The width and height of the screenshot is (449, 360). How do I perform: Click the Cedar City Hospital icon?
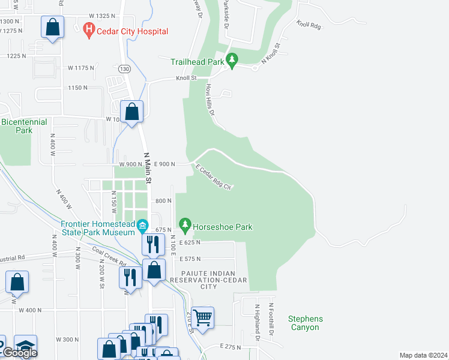(89, 28)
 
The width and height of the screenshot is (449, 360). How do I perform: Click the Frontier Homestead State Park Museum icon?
(142, 226)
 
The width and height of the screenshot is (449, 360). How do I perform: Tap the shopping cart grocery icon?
(203, 317)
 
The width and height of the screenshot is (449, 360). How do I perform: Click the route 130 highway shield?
(122, 68)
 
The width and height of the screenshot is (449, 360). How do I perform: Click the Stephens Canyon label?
(305, 323)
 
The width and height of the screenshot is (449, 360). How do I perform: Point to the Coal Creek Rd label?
(109, 255)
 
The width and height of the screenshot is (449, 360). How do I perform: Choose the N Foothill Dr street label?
(271, 319)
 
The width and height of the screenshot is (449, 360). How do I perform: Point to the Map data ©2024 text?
(423, 355)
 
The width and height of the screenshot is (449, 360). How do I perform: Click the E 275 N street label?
(230, 346)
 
